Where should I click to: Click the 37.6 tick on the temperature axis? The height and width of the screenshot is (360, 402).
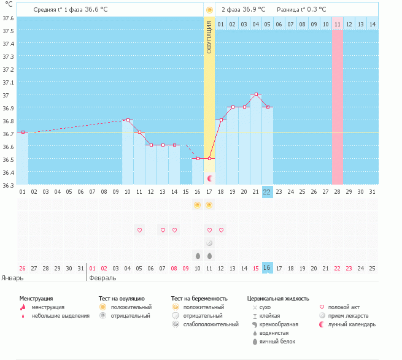coord(8,17)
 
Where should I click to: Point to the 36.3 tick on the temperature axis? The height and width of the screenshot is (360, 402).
coord(8,185)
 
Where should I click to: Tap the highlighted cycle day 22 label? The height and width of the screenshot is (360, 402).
coord(267,191)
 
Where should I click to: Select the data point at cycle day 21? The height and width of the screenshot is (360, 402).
coord(256,94)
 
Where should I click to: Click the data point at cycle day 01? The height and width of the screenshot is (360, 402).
coord(23,132)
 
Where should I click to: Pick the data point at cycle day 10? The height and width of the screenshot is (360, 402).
coord(128,120)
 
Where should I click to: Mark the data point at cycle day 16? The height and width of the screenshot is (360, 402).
coord(198,158)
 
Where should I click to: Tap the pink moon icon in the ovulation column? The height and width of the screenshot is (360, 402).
coord(210,178)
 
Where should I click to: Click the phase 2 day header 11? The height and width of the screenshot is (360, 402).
coord(338,24)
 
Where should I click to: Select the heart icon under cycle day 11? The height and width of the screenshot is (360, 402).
coord(139,230)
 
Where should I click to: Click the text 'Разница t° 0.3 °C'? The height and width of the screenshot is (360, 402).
coord(301,10)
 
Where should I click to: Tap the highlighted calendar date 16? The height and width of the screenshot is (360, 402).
coord(267,268)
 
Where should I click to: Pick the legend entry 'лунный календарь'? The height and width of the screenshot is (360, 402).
coord(352,324)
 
